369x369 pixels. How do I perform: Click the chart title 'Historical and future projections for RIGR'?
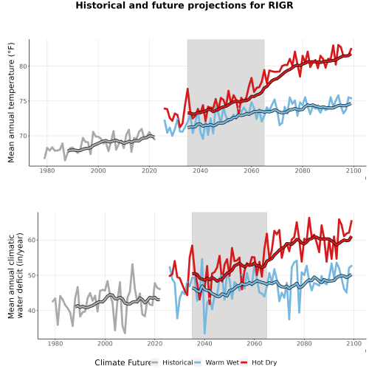[184, 5]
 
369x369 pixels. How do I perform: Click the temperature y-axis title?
[11, 103]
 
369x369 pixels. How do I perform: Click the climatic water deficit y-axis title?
[15, 275]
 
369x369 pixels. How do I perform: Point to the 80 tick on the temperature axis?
[23, 66]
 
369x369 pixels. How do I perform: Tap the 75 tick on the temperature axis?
[23, 101]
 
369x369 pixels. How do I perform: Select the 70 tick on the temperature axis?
[23, 136]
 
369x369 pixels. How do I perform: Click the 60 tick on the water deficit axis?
[32, 240]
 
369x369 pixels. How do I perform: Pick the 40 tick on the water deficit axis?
[32, 311]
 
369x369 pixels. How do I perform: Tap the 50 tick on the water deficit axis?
[32, 275]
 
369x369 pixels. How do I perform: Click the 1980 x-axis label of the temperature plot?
[47, 170]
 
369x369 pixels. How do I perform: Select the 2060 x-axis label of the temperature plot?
[252, 170]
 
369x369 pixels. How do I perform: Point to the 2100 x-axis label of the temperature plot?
[354, 170]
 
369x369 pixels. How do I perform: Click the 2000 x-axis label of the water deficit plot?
[105, 343]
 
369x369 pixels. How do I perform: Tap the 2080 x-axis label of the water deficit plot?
[304, 343]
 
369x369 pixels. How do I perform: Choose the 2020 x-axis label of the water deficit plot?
[155, 343]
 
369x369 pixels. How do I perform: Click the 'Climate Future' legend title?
[123, 362]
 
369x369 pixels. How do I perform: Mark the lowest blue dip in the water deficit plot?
[204, 333]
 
